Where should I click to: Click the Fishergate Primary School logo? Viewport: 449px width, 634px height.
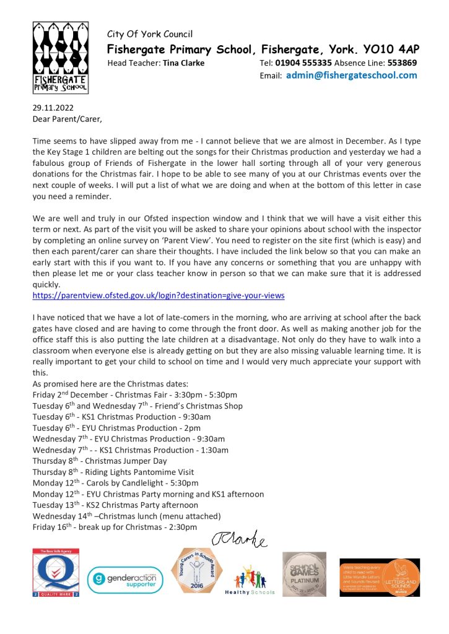(60, 58)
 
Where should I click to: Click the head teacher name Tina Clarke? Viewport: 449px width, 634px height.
(183, 63)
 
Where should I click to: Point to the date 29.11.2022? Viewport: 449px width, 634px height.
(53, 106)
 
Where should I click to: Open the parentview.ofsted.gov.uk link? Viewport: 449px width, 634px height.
(158, 296)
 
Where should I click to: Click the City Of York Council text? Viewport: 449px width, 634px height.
(150, 34)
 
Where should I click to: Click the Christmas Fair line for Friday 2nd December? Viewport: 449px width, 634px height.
(134, 394)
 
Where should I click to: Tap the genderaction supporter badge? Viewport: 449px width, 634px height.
(124, 580)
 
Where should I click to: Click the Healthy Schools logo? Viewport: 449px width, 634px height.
(251, 578)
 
